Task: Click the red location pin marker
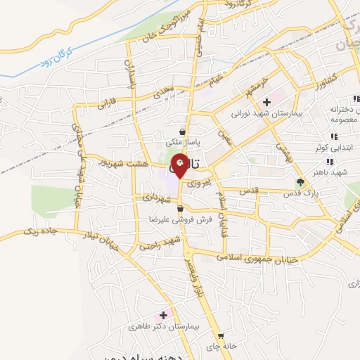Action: click(x=180, y=165)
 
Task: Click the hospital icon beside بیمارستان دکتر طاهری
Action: click(x=165, y=314)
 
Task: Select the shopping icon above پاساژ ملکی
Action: click(x=183, y=131)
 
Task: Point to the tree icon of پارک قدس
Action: click(x=301, y=181)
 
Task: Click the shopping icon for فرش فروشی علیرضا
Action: click(x=181, y=209)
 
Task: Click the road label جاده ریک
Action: click(x=41, y=230)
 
